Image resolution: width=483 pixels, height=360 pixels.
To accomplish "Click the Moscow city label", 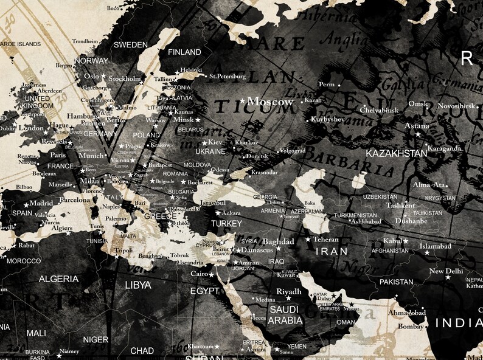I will [x=271, y=102].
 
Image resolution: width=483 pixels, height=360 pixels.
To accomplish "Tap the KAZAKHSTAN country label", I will [x=396, y=153].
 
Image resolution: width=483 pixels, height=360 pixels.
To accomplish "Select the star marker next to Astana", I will [x=418, y=134].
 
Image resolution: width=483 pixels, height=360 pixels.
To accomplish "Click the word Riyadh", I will [x=289, y=292].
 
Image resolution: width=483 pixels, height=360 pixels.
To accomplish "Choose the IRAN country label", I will [x=331, y=251].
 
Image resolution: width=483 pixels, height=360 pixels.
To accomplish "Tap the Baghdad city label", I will [x=278, y=241].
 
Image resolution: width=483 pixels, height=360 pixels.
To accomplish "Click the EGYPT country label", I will [x=204, y=291].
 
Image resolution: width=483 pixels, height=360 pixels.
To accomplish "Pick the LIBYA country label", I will [x=137, y=284].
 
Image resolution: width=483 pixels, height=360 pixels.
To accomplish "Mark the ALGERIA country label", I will [x=58, y=279].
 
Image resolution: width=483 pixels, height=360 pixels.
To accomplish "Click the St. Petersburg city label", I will [x=228, y=77].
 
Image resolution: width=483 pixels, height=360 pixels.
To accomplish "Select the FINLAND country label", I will [x=184, y=52].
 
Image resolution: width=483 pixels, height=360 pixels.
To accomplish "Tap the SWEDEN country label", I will [x=131, y=44].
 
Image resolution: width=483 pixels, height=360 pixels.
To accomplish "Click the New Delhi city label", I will [x=446, y=271].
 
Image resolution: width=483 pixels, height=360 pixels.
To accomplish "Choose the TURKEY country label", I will [x=226, y=223].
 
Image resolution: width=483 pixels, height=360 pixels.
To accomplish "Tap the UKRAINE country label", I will [x=210, y=151].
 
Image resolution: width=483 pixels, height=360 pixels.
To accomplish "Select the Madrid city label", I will [x=41, y=203].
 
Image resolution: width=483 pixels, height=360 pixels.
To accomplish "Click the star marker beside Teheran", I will [x=308, y=240].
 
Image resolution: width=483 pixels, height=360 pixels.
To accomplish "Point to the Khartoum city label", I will [x=200, y=346].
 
